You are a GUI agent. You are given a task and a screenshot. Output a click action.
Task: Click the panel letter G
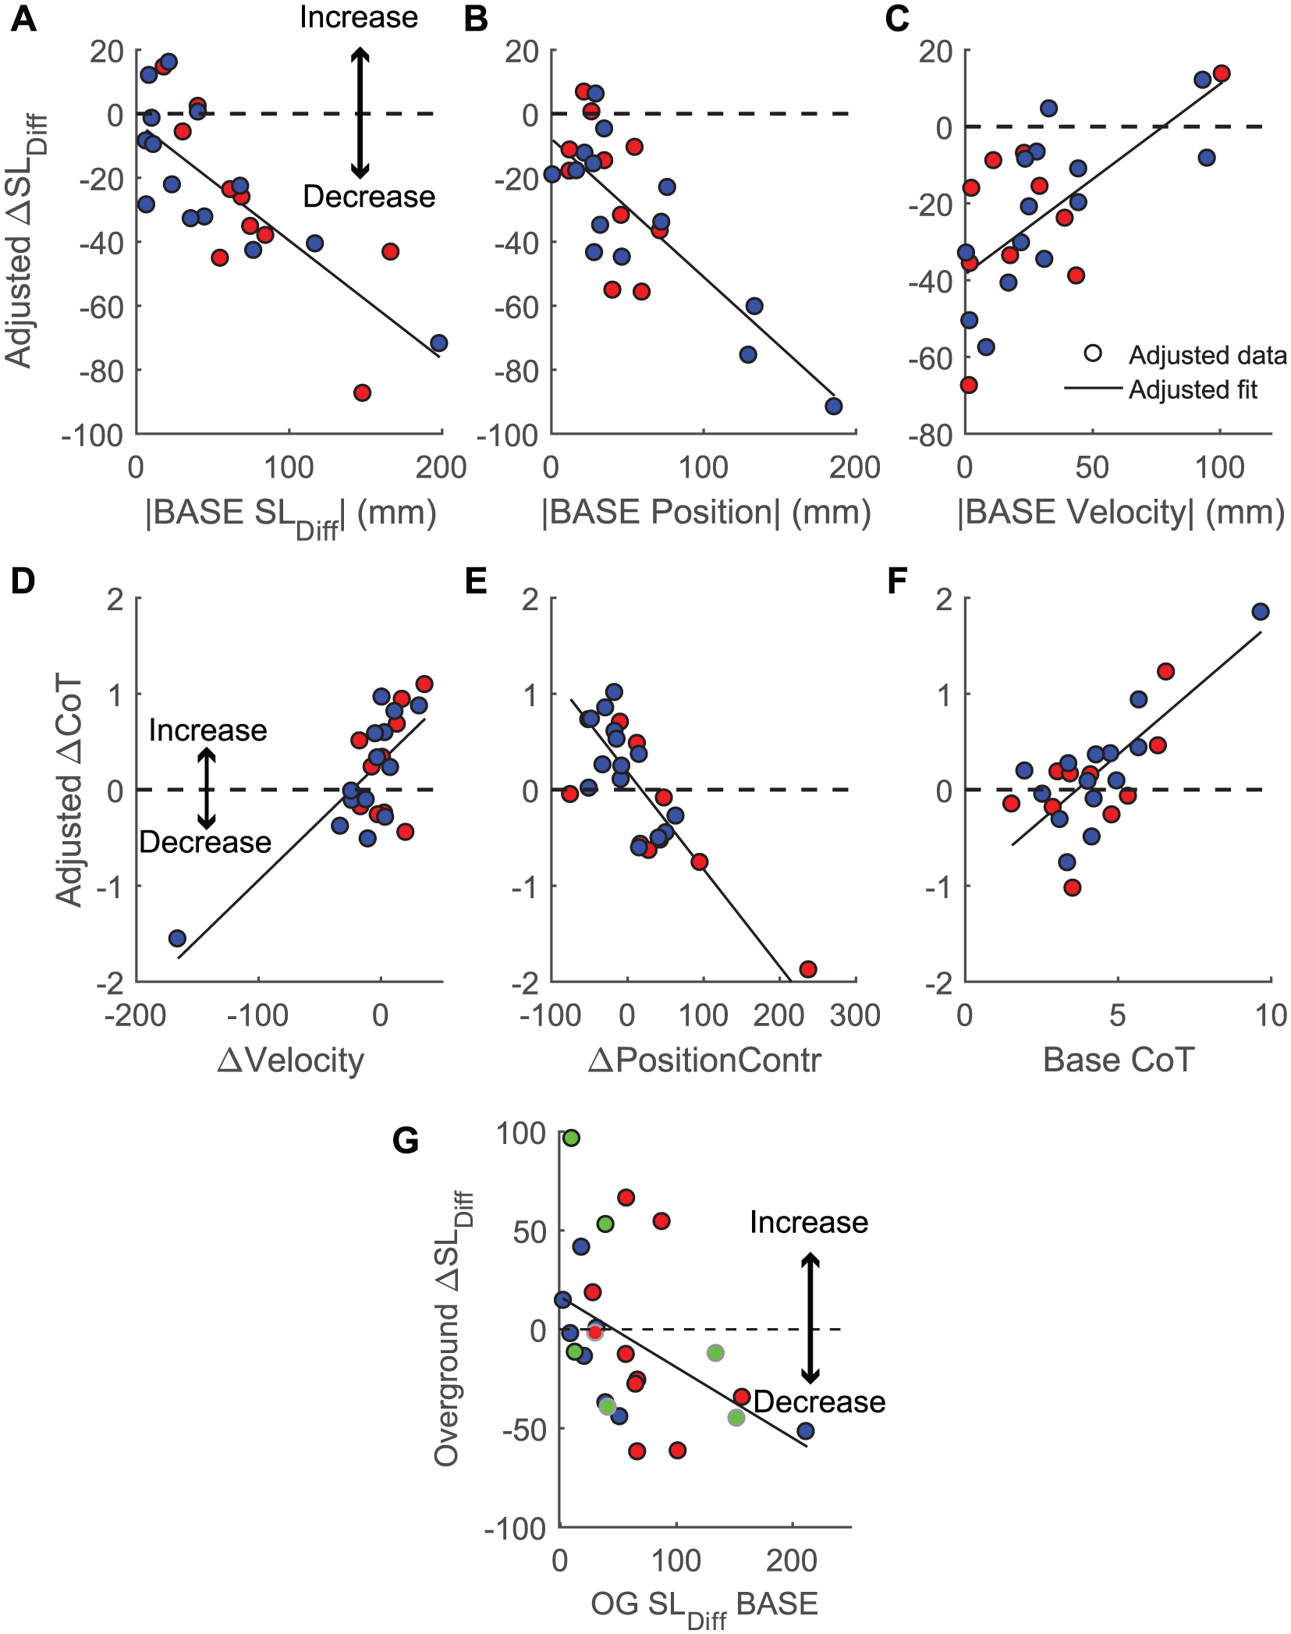pyautogui.click(x=406, y=1141)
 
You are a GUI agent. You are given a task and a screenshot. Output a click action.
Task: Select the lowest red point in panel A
pyautogui.click(x=362, y=393)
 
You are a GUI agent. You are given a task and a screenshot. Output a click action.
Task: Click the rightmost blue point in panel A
pyautogui.click(x=439, y=343)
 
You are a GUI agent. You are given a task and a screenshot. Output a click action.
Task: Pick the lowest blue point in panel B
pyautogui.click(x=834, y=406)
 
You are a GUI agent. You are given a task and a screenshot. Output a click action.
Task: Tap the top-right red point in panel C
pyautogui.click(x=1222, y=73)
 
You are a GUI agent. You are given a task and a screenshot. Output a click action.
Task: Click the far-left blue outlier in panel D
pyautogui.click(x=177, y=938)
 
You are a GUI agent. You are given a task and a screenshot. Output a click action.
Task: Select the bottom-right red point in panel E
pyautogui.click(x=808, y=969)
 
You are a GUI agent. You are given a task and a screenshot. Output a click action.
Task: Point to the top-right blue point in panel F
pyautogui.click(x=1261, y=612)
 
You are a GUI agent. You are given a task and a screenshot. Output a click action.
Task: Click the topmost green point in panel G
pyautogui.click(x=571, y=1138)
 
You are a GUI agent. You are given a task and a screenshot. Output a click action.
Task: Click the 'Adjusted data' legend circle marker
pyautogui.click(x=1093, y=353)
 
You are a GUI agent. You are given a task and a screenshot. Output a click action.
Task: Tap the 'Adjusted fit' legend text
pyautogui.click(x=1193, y=389)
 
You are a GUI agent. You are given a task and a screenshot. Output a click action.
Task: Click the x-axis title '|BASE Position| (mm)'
pyautogui.click(x=707, y=513)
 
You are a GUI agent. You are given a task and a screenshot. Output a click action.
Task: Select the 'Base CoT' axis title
pyautogui.click(x=1119, y=1060)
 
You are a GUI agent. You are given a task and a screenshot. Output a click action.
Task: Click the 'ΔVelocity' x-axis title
pyautogui.click(x=291, y=1061)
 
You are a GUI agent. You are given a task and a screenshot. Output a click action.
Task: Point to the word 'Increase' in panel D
pyautogui.click(x=208, y=730)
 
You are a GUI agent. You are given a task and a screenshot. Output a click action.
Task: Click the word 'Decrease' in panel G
pyautogui.click(x=820, y=1402)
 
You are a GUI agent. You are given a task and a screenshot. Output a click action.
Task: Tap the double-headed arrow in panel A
pyautogui.click(x=360, y=112)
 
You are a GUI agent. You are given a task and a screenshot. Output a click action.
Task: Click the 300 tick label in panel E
pyautogui.click(x=855, y=1015)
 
